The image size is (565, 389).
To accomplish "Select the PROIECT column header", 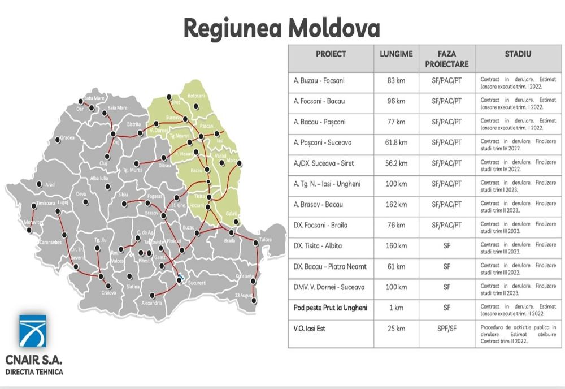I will (x=331, y=54).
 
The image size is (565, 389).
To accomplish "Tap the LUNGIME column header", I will (x=395, y=54).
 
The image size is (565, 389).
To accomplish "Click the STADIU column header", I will (x=518, y=54).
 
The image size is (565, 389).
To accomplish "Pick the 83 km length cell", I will (x=395, y=81).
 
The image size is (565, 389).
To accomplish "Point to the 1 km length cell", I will (x=395, y=308).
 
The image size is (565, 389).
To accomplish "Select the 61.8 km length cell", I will (x=395, y=142).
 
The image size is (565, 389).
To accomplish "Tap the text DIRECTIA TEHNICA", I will (x=34, y=372).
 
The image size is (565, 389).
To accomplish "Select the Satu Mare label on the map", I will (x=95, y=98).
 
